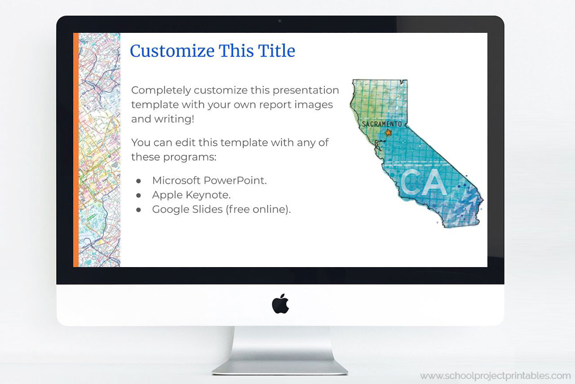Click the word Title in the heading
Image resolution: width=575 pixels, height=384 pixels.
click(277, 51)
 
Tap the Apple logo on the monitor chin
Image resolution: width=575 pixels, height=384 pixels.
click(280, 304)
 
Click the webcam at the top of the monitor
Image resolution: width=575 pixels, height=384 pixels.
click(280, 21)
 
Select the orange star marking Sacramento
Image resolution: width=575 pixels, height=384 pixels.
click(389, 133)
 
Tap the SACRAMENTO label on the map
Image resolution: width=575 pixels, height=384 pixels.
click(381, 124)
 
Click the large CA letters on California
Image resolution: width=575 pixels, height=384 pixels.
click(423, 182)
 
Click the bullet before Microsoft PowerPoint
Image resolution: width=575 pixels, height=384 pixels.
click(139, 181)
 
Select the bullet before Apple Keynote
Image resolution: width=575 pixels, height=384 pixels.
click(139, 195)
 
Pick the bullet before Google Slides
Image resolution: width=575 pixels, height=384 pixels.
click(139, 210)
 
